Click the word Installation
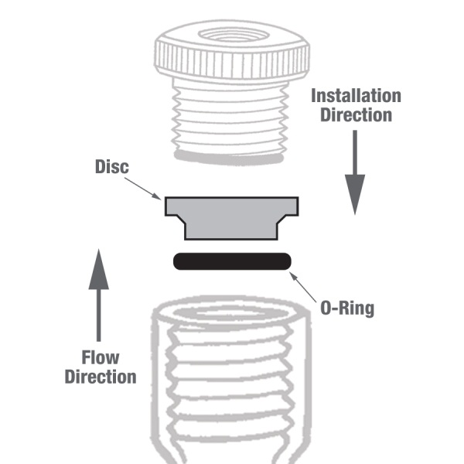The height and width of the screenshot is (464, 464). [356, 96]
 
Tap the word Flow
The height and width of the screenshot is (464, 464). [101, 357]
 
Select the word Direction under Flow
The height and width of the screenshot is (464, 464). [101, 377]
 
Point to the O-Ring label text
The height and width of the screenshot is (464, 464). [346, 308]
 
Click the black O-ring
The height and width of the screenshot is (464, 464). [232, 261]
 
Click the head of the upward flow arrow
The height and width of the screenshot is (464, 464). [99, 267]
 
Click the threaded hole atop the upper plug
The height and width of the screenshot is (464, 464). [233, 36]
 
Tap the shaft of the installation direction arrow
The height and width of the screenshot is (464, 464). [355, 155]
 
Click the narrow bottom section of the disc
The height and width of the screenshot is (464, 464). [232, 230]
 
